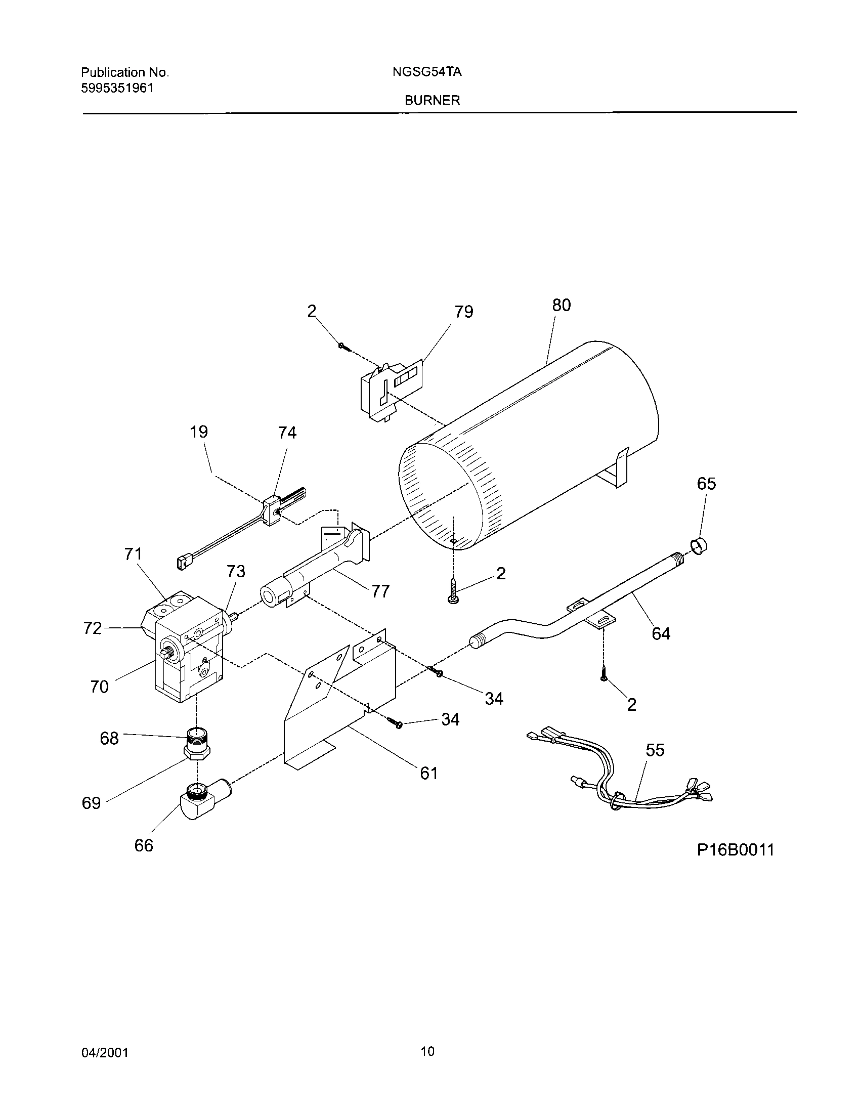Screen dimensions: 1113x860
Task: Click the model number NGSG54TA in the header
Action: coord(427,72)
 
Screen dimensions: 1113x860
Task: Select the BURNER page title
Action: coord(432,100)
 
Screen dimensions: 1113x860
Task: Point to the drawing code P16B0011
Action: coord(735,850)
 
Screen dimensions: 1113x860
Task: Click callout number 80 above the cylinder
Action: coord(562,305)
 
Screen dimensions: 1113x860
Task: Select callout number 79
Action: coord(463,311)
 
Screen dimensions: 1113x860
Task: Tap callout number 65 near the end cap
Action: coord(706,484)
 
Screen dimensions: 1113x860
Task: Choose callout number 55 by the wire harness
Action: coord(655,750)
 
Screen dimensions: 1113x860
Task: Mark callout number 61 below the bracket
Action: coord(429,773)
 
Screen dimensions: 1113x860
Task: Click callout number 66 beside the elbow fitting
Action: coord(144,846)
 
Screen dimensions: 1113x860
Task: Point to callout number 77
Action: coord(380,591)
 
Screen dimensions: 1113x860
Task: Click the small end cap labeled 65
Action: coord(700,547)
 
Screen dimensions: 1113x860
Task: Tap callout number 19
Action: coord(199,432)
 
